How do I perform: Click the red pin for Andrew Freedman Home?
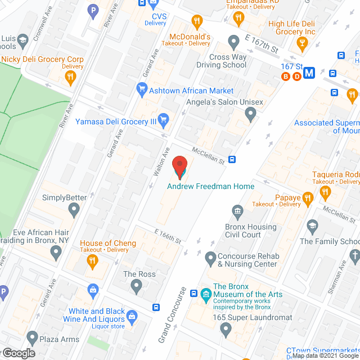pos(180,166)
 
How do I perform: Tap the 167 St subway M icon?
pos(309,73)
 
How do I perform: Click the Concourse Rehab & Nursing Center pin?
pos(210,258)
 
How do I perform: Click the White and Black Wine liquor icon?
pos(132,316)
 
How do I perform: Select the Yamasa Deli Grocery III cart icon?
pos(164,119)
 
